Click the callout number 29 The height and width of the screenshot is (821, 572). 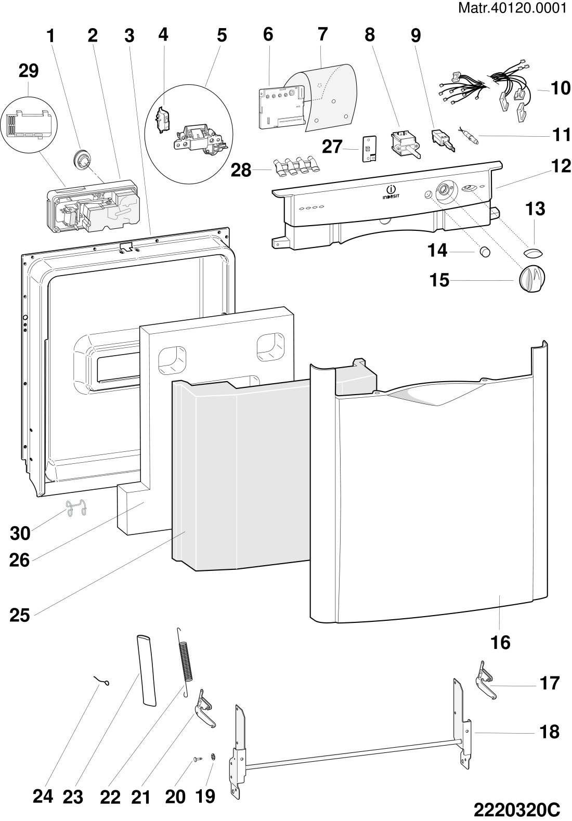point(29,71)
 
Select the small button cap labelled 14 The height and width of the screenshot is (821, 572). point(485,252)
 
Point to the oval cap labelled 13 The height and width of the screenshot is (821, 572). point(533,252)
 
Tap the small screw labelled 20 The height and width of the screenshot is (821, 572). point(197,760)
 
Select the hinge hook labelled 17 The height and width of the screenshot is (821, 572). point(486,679)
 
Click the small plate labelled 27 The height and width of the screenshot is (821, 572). point(369,148)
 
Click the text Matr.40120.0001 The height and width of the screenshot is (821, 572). point(512,8)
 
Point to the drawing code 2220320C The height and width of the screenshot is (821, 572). point(517,808)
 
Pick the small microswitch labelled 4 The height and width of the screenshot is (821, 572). point(162,121)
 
